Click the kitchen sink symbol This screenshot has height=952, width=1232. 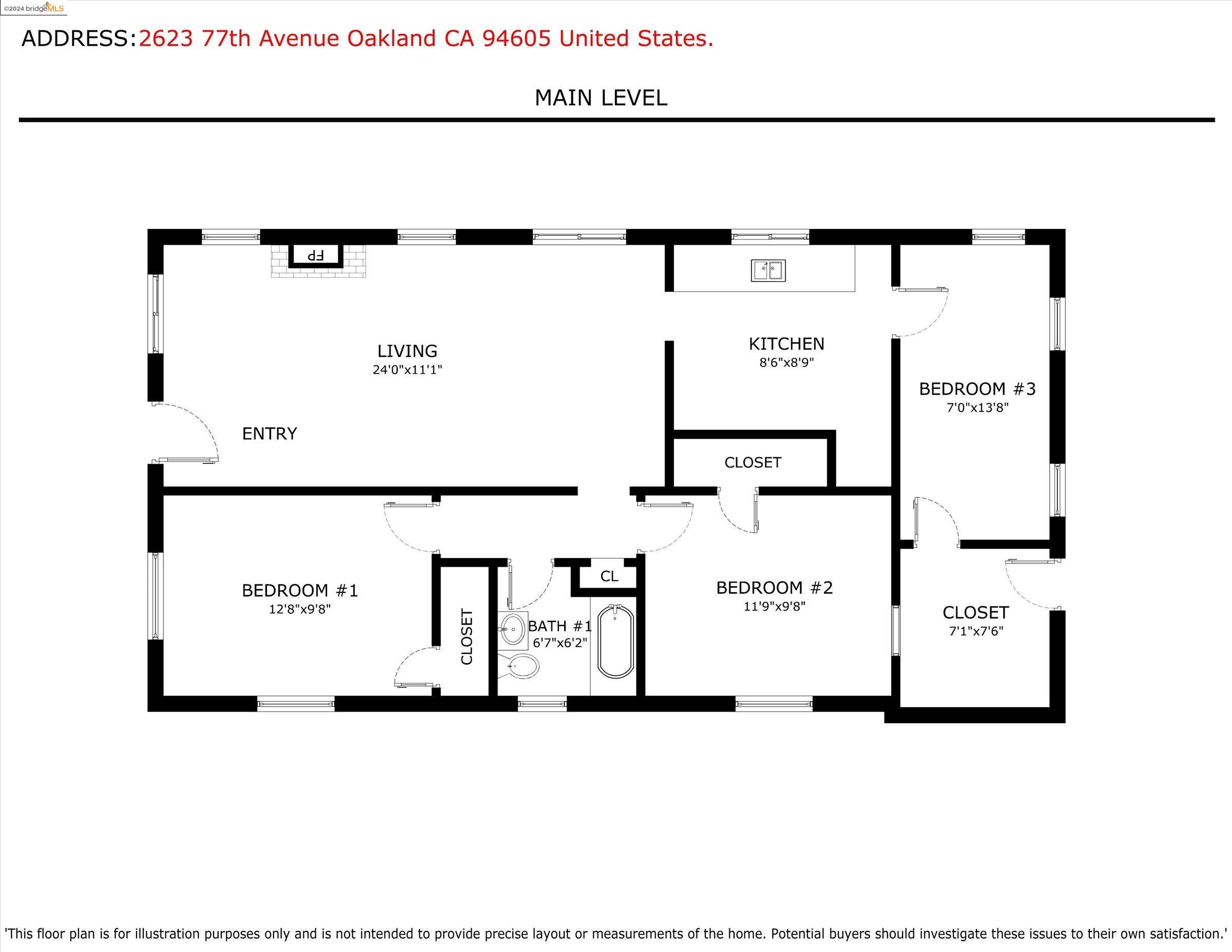pos(768,270)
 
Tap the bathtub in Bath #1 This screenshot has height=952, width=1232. pos(615,640)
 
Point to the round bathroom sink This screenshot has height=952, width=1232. pos(513,628)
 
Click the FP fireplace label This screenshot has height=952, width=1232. pos(315,255)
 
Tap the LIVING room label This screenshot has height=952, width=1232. pos(407,352)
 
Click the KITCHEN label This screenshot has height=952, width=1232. pos(786,343)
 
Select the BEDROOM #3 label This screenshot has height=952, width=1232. pos(977,388)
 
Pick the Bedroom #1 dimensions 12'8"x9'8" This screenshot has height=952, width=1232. pos(300,609)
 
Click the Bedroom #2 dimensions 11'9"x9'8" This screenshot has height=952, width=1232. pos(775,606)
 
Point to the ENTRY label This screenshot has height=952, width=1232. pos(269,434)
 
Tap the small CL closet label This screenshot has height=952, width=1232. pos(609,576)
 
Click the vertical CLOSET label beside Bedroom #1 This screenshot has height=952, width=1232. pos(467,637)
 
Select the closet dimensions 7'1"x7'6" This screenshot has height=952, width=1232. pos(976,631)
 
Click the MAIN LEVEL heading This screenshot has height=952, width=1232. pos(601,98)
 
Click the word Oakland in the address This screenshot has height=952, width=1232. pos(391,38)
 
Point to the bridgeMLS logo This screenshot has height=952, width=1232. pos(34,7)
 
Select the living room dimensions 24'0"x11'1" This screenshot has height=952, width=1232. pos(407,370)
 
